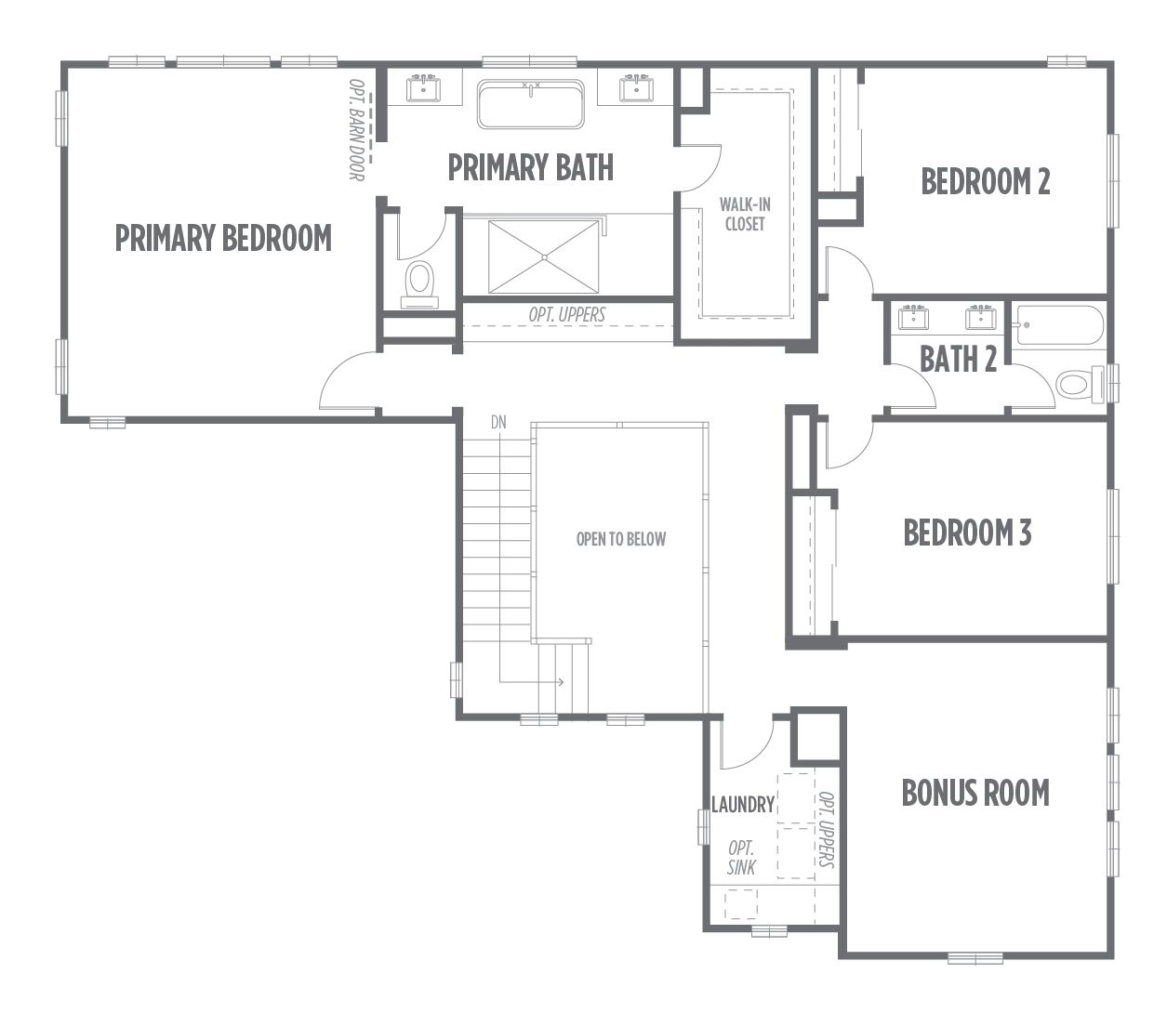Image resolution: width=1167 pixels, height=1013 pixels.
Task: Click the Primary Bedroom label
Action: click(x=223, y=238)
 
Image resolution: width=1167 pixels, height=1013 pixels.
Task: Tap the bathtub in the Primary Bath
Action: click(x=530, y=104)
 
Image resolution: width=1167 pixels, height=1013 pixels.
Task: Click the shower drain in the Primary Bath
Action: click(x=544, y=257)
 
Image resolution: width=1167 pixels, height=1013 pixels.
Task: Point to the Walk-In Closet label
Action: click(x=745, y=214)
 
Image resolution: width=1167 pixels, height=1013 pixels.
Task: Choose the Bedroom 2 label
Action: click(x=986, y=181)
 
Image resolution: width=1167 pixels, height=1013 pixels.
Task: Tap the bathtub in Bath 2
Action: click(x=1060, y=325)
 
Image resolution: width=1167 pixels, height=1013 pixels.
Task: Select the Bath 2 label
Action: click(x=958, y=359)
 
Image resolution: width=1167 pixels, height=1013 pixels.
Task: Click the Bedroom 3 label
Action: click(x=967, y=533)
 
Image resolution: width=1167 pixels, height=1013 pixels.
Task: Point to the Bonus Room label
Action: click(x=975, y=793)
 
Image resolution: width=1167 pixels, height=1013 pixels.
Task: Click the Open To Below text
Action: click(x=621, y=539)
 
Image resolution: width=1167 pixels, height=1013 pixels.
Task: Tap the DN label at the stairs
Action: click(x=498, y=422)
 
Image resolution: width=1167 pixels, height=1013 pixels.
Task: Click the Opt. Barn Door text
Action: click(x=356, y=130)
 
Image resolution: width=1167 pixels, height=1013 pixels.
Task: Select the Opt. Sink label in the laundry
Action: click(x=741, y=858)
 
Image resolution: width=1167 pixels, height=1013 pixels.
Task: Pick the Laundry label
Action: click(x=743, y=805)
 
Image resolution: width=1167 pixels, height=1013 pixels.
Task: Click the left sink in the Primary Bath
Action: click(x=424, y=88)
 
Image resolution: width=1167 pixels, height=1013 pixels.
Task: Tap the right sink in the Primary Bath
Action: click(x=637, y=88)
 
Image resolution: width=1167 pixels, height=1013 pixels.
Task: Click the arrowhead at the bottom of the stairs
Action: click(x=562, y=682)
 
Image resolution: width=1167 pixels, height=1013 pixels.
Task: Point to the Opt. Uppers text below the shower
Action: click(x=567, y=315)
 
